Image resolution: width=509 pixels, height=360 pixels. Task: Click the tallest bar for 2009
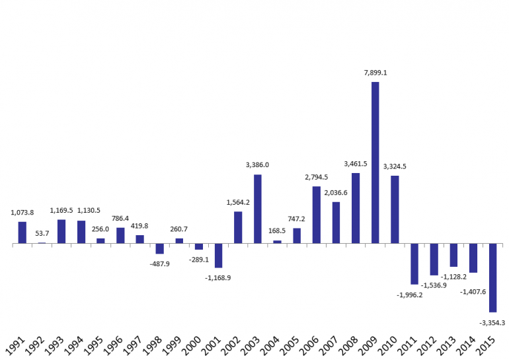click(375, 162)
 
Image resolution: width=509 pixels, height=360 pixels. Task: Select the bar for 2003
click(258, 209)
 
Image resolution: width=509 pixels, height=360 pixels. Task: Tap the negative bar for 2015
click(492, 277)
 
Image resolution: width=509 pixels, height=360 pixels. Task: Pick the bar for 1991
click(22, 233)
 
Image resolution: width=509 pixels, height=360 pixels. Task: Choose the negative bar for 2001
click(218, 256)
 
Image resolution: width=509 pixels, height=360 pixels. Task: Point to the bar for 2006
click(317, 215)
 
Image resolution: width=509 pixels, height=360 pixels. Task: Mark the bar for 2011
click(414, 264)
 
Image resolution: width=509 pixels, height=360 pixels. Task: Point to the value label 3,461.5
click(356, 163)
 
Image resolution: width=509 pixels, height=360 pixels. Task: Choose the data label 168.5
click(277, 231)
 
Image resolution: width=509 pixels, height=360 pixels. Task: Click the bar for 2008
click(356, 208)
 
